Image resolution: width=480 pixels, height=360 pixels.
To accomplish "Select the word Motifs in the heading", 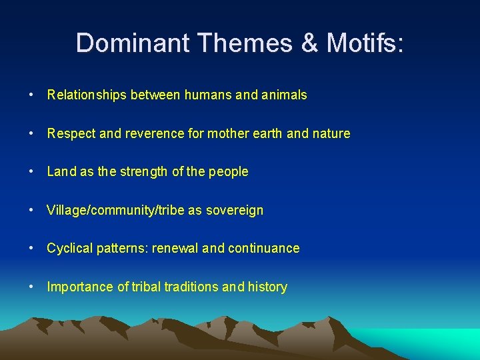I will pyautogui.click(x=365, y=43).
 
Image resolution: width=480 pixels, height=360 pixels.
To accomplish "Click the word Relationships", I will pyautogui.click(x=87, y=95).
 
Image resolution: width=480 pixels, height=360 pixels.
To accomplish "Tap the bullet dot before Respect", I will pyautogui.click(x=33, y=133).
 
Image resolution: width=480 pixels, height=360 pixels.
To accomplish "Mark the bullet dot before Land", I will pyautogui.click(x=33, y=171).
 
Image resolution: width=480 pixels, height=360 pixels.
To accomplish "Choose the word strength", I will pyautogui.click(x=142, y=172).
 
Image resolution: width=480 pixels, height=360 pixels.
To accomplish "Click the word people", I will pyautogui.click(x=228, y=172).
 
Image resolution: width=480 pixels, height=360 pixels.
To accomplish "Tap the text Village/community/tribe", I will pyautogui.click(x=115, y=210).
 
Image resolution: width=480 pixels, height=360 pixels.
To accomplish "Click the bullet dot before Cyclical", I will pyautogui.click(x=33, y=248).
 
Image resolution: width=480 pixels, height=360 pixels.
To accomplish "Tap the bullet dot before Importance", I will pyautogui.click(x=33, y=287).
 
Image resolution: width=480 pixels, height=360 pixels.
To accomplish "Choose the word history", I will pyautogui.click(x=267, y=287).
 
